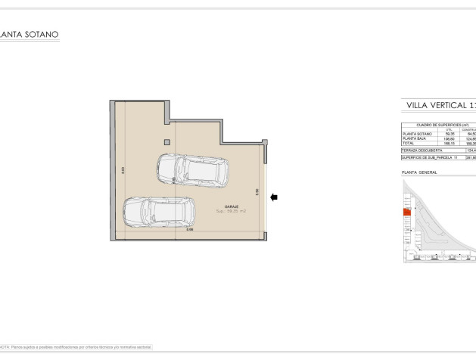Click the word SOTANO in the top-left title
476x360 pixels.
click(44, 35)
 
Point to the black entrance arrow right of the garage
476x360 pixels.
click(274, 197)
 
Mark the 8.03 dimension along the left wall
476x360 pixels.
click(123, 171)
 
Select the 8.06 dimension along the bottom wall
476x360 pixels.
click(189, 230)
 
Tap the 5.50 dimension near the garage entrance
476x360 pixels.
click(258, 193)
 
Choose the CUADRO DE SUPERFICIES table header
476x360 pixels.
click(438, 125)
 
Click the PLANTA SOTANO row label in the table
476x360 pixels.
click(417, 134)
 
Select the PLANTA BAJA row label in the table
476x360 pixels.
click(415, 138)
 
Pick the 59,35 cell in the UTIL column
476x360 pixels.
click(450, 134)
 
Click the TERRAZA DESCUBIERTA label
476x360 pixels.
click(423, 151)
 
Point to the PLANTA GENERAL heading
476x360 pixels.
click(419, 172)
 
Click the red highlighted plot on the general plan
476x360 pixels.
click(406, 213)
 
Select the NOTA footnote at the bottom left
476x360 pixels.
click(76, 346)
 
